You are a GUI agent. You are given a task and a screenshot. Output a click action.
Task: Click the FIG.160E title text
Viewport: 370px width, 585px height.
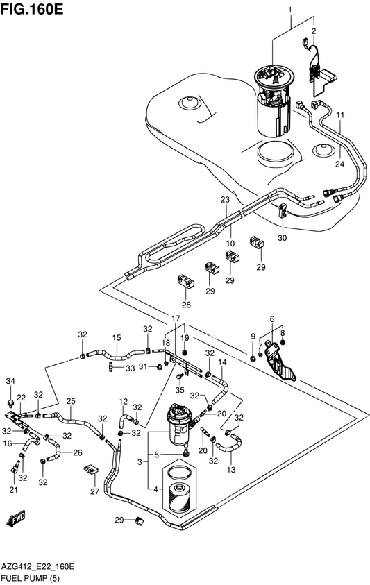click(x=32, y=9)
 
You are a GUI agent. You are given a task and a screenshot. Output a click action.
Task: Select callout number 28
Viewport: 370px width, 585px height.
click(x=186, y=305)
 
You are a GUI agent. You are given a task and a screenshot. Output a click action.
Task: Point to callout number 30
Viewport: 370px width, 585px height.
click(x=283, y=237)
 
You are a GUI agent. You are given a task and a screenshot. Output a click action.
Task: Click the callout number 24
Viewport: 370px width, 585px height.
click(x=339, y=163)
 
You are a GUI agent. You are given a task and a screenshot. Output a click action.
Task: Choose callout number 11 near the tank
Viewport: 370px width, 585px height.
click(x=339, y=115)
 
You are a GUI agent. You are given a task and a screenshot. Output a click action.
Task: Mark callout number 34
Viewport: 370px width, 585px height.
click(x=10, y=381)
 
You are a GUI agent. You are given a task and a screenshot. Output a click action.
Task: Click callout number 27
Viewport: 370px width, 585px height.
click(x=95, y=491)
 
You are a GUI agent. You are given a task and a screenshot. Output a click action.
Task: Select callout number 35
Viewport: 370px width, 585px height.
click(x=180, y=390)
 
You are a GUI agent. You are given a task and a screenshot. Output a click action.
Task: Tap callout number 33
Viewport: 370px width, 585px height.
click(x=130, y=368)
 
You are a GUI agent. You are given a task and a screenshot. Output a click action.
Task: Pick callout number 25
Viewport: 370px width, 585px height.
click(x=71, y=401)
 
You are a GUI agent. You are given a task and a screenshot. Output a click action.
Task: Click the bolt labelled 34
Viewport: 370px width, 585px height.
click(x=10, y=402)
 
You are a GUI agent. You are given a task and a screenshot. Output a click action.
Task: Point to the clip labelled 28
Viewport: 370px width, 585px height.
click(x=185, y=282)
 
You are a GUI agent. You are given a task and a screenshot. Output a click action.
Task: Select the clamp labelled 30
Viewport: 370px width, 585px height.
click(x=283, y=210)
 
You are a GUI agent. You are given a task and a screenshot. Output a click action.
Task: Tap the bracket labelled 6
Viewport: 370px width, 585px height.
click(x=280, y=361)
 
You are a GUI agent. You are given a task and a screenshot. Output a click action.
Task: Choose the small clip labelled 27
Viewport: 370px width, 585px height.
click(x=90, y=468)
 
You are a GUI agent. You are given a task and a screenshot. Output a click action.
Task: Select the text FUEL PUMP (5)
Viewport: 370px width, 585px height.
click(x=31, y=578)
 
